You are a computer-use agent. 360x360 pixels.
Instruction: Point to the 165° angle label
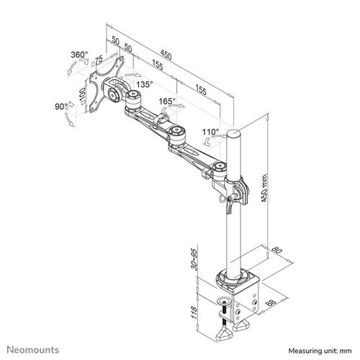click(x=187, y=102)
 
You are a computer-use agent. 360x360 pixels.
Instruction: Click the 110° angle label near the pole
click(x=210, y=132)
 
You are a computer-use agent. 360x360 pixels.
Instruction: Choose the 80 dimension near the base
click(x=274, y=252)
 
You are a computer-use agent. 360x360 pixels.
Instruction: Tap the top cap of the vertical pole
click(x=234, y=134)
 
